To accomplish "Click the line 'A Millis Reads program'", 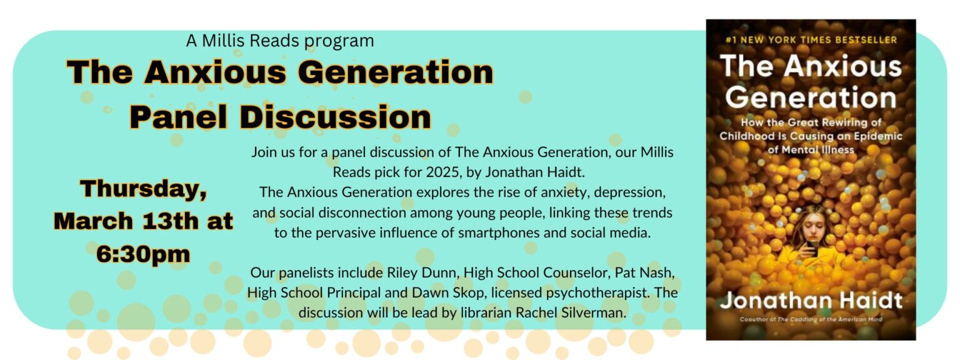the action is tap(280, 41).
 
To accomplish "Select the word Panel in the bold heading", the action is tap(178, 117).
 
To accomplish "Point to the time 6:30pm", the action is tap(143, 254).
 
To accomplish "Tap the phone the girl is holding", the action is tap(811, 248).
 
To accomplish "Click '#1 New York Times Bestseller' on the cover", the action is tap(811, 40).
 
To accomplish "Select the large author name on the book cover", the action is tap(811, 301).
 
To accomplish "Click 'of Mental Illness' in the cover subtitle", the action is tap(811, 150).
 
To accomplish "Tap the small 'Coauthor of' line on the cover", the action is tap(811, 319).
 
